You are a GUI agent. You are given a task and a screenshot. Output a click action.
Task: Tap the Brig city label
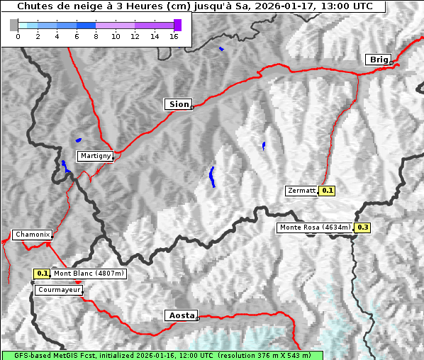tap(377, 60)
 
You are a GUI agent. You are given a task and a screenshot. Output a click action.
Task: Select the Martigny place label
tap(94, 156)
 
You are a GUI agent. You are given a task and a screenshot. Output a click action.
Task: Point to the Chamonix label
tap(32, 235)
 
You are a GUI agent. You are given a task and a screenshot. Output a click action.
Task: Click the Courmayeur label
tap(59, 290)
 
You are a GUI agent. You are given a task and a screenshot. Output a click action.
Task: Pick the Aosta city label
tap(180, 315)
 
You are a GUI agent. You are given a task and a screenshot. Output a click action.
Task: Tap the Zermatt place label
tap(301, 191)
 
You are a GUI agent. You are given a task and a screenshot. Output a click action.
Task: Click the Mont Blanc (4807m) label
tap(89, 274)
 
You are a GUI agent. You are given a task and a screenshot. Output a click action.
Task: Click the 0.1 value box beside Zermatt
tap(327, 191)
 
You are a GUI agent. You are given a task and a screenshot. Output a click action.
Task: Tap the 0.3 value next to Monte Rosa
tap(362, 227)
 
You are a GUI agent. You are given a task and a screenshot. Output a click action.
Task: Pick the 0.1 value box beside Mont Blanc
tap(42, 274)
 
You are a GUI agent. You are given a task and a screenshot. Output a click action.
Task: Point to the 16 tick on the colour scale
tap(174, 36)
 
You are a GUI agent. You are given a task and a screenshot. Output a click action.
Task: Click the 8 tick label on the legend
tap(96, 36)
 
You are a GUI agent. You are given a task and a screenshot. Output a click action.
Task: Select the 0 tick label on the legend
tap(18, 36)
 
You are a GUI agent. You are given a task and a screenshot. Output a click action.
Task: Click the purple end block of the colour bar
tap(177, 25)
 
